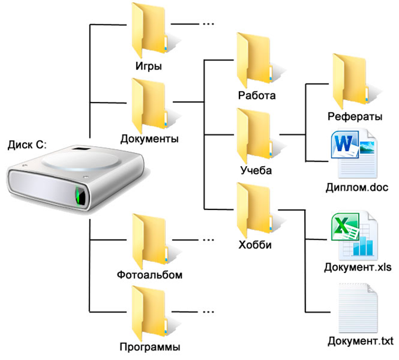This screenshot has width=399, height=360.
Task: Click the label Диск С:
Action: pyautogui.click(x=28, y=145)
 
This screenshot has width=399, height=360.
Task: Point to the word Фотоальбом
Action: pyautogui.click(x=150, y=275)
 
